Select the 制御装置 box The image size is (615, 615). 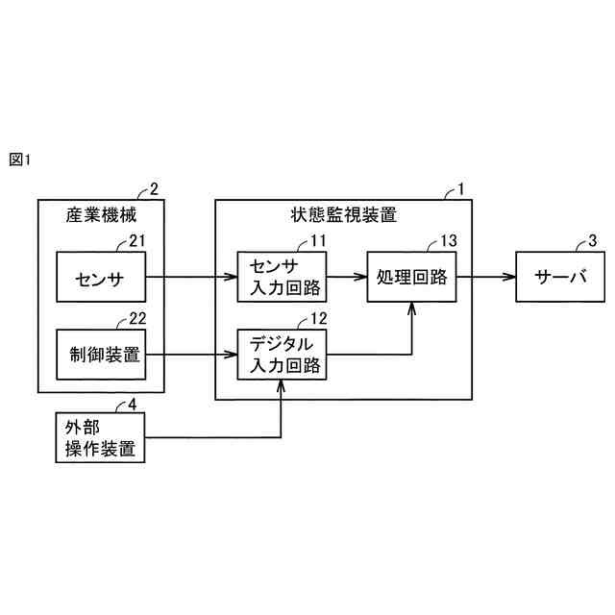pyautogui.click(x=100, y=354)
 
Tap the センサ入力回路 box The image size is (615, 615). pyautogui.click(x=282, y=277)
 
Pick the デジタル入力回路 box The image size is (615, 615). pyautogui.click(x=282, y=354)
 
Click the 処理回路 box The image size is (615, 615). pyautogui.click(x=411, y=277)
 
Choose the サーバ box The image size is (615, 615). pyautogui.click(x=558, y=277)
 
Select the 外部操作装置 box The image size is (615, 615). pyautogui.click(x=100, y=437)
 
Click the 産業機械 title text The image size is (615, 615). pyautogui.click(x=100, y=214)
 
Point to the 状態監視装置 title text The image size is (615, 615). pyautogui.click(x=343, y=214)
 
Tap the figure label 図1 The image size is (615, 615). pyautogui.click(x=21, y=159)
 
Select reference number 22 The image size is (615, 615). pyautogui.click(x=136, y=317)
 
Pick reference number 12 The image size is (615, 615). pyautogui.click(x=318, y=317)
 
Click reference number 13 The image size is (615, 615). pyautogui.click(x=448, y=240)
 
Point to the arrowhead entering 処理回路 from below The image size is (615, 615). pyautogui.click(x=411, y=307)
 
